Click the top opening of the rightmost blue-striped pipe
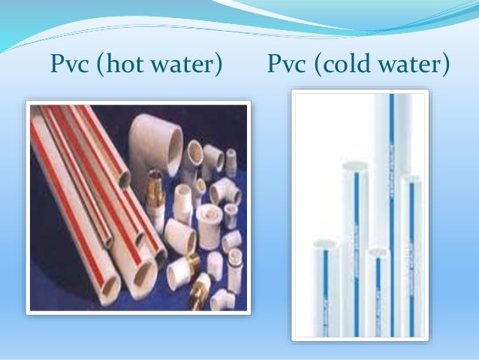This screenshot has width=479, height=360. (409, 180)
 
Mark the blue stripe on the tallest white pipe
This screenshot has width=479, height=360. (390, 188)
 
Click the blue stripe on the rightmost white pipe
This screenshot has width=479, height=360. (411, 248)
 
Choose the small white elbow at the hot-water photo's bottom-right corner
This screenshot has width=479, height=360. (222, 298)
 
